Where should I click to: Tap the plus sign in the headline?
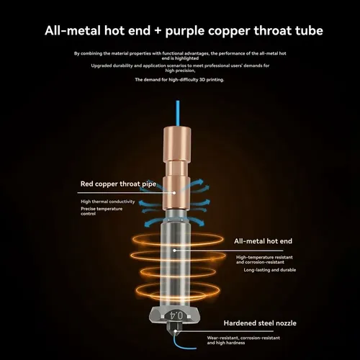pyautogui.click(x=158, y=31)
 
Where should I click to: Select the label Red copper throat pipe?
pyautogui.click(x=118, y=184)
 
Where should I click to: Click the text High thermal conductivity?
pyautogui.click(x=108, y=202)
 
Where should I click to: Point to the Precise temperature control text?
pyautogui.click(x=102, y=211)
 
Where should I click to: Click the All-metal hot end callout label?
pyautogui.click(x=263, y=241)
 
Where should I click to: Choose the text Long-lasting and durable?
pyautogui.click(x=270, y=270)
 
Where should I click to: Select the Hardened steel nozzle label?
pyautogui.click(x=260, y=323)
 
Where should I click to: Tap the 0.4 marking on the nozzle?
pyautogui.click(x=176, y=315)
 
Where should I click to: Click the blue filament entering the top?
pyautogui.click(x=178, y=113)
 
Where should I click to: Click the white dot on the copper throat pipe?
pyautogui.click(x=174, y=193)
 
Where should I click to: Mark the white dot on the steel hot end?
pyautogui.click(x=174, y=251)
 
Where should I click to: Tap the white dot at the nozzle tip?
pyautogui.click(x=176, y=331)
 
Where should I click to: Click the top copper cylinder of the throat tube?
pyautogui.click(x=177, y=144)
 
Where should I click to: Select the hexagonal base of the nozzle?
pyautogui.click(x=176, y=315)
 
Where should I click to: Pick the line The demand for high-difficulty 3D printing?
pyautogui.click(x=179, y=80)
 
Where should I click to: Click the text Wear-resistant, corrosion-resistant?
pyautogui.click(x=243, y=338)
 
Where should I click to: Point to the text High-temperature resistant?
pyautogui.click(x=264, y=257)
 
